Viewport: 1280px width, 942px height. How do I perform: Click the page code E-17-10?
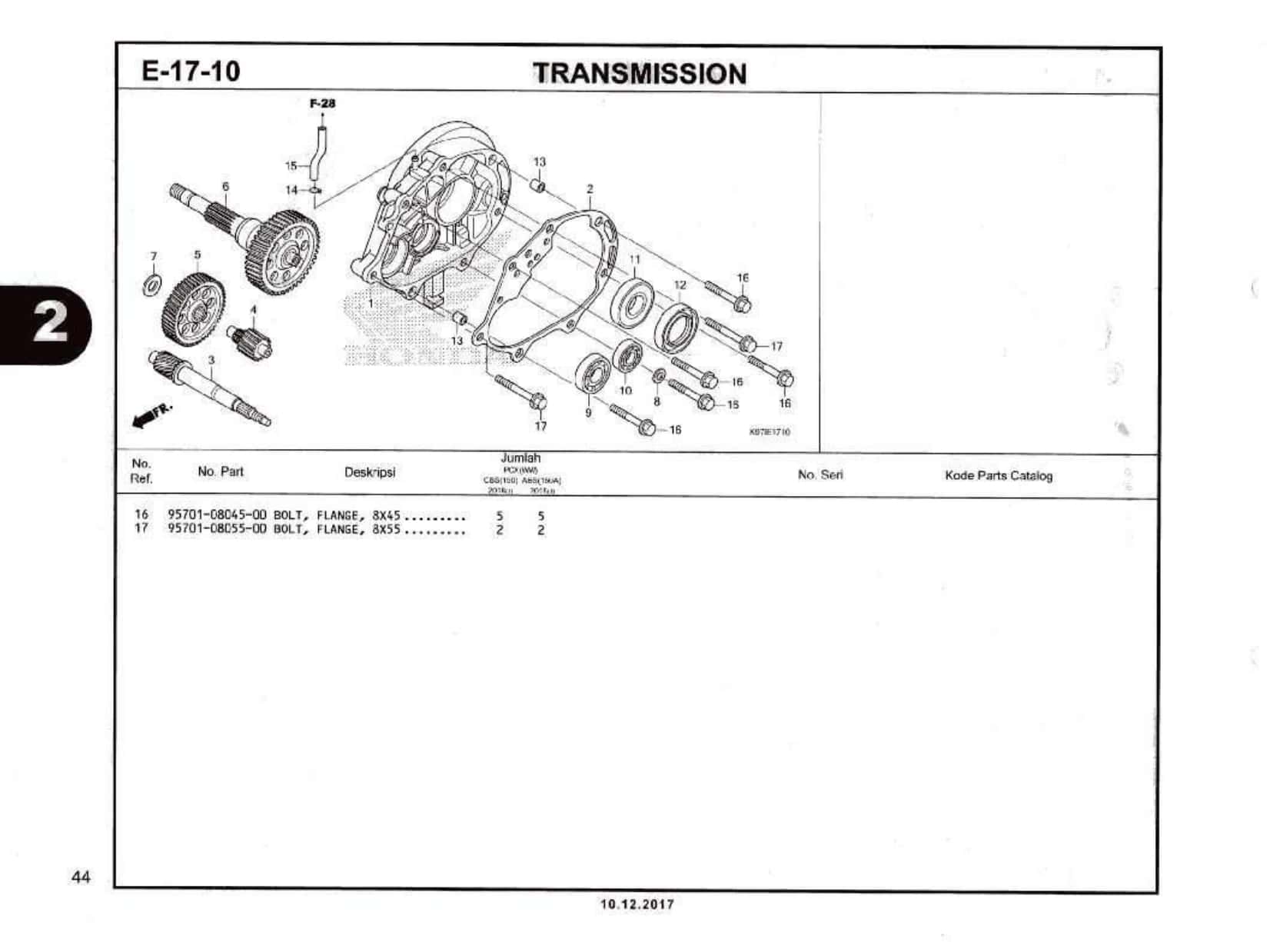[x=191, y=72]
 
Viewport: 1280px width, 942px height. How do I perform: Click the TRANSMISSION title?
[x=640, y=74]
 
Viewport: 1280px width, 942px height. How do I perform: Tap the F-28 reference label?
[x=322, y=103]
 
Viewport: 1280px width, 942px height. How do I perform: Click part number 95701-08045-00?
[x=218, y=515]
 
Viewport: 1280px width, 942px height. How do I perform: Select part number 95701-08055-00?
[x=218, y=529]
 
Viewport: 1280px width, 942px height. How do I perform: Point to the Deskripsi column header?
[x=370, y=472]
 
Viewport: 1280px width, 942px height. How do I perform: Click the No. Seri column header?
[x=820, y=474]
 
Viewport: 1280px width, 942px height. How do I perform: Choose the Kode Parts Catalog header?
[x=999, y=475]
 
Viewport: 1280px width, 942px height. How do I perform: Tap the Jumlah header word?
[x=521, y=458]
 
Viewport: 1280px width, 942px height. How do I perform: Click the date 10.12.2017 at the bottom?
[x=637, y=904]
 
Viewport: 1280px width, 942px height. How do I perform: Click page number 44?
[x=81, y=877]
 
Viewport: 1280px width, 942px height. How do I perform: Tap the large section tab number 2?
[x=48, y=324]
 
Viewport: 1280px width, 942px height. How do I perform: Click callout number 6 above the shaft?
[x=225, y=186]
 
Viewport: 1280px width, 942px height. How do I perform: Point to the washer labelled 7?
[x=153, y=284]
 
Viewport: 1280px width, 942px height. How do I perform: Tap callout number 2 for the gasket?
[x=590, y=188]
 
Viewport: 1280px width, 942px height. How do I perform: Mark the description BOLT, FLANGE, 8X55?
[x=337, y=529]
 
